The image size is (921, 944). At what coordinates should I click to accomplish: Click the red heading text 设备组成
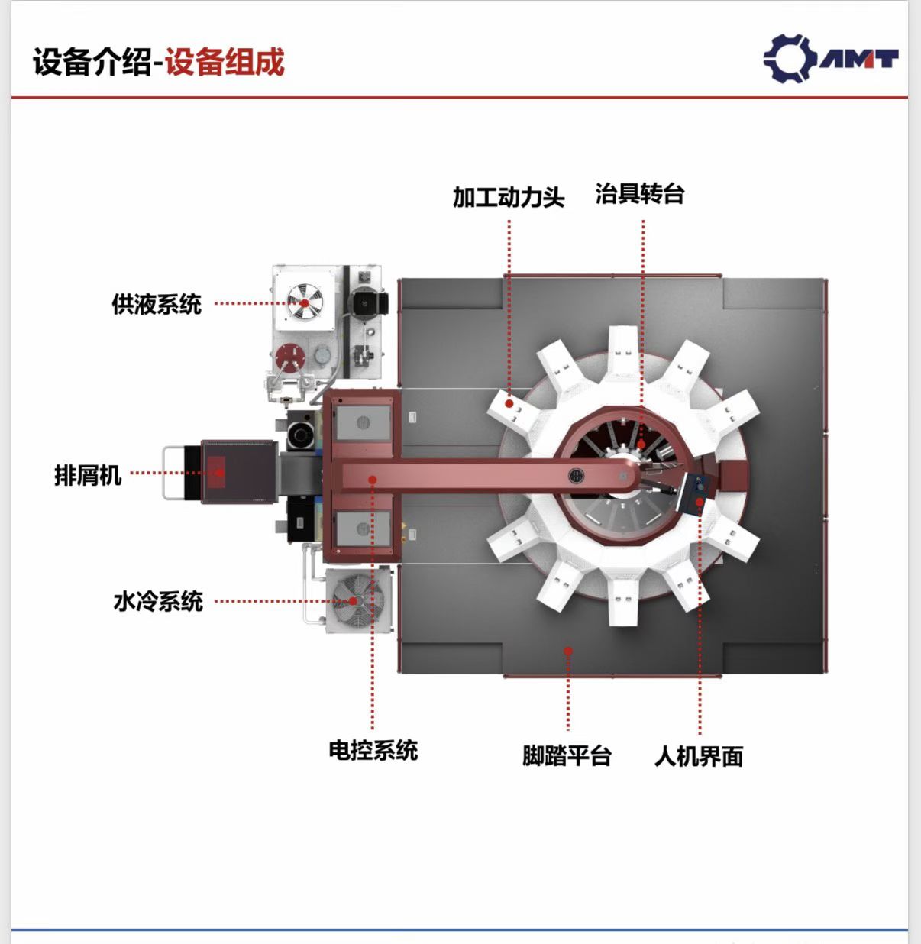pos(225,62)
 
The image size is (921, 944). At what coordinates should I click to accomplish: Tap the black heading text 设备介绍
pos(92,62)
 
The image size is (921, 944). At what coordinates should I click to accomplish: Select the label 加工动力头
pos(509,197)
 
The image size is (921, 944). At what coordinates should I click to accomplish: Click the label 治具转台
pos(640,194)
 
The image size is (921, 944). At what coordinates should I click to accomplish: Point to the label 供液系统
pos(157,304)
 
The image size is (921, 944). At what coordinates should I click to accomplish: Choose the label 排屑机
pos(88,475)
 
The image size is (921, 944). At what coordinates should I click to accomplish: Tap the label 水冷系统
pos(158,602)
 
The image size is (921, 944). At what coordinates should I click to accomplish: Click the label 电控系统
pos(373,751)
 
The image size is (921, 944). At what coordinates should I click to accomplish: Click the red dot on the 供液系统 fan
pos(304,303)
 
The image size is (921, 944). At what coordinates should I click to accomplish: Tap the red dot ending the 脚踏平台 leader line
pos(568,651)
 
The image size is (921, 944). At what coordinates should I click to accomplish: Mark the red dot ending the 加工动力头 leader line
pos(509,403)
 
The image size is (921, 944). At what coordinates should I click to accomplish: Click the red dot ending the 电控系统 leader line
pos(373,480)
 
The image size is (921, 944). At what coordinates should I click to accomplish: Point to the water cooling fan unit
pos(358,601)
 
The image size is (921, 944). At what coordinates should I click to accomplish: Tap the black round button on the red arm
pos(576,475)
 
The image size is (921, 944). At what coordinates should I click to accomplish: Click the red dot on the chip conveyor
pos(220,472)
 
